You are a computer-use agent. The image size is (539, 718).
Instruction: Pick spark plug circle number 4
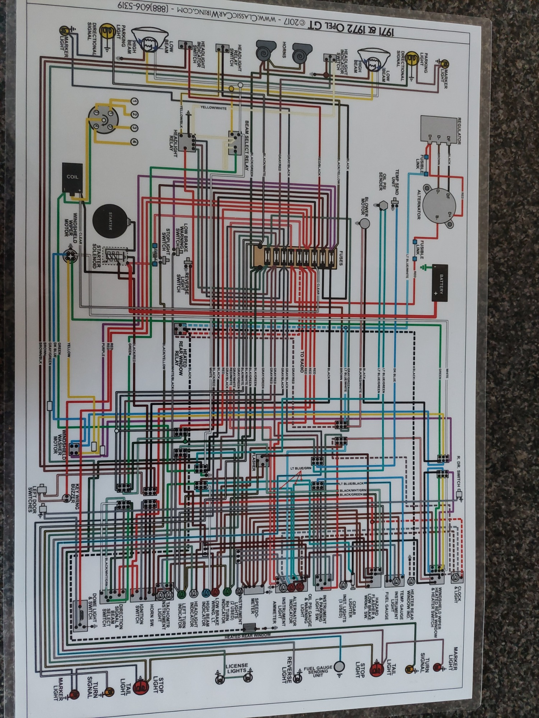click(x=134, y=142)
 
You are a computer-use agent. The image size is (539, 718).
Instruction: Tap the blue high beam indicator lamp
click(x=206, y=593)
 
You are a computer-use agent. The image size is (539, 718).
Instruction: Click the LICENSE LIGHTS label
click(x=236, y=668)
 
